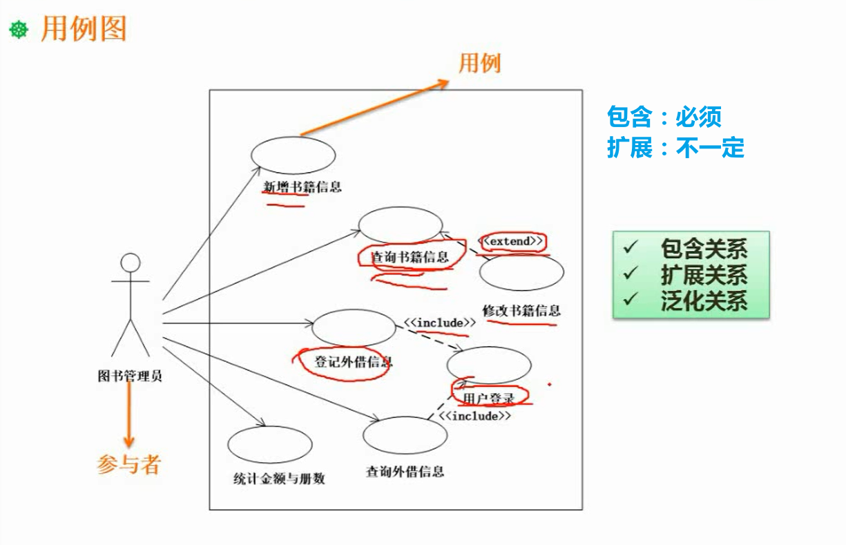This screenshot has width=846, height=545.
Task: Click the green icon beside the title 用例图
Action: coord(18,30)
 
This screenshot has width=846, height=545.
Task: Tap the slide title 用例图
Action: coord(84,29)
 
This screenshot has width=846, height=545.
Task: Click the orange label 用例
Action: coord(479,64)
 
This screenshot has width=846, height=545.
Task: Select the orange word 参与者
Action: coord(128,464)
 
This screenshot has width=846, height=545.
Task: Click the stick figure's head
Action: coord(130,262)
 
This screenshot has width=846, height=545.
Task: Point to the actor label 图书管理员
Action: coord(130,376)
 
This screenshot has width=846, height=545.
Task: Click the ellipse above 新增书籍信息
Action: coord(293,154)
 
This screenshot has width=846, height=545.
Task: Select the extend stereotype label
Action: coord(512,241)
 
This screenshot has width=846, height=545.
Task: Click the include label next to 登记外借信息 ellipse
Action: coord(440,323)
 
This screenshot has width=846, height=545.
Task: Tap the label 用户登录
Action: coord(489,399)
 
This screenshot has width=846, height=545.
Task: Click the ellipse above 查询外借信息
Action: coord(405,435)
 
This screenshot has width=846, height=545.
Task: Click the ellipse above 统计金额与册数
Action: coord(269,444)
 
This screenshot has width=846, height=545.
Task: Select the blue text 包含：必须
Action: coord(664,117)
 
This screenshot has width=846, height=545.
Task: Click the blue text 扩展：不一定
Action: coord(675,147)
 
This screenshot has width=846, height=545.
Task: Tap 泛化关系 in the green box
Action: coord(704,300)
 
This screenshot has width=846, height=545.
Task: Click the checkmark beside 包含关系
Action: coord(629,247)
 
